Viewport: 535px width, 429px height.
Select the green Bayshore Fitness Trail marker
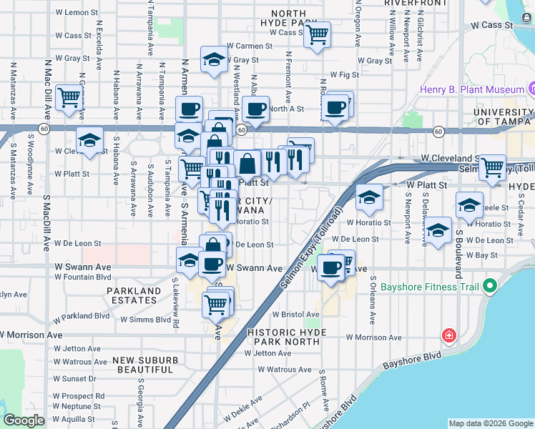pos(490,287)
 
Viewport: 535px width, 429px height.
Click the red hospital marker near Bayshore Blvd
pos(448,335)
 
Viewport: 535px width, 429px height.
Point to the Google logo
pos(24,420)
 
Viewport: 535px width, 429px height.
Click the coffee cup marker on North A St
pos(255,109)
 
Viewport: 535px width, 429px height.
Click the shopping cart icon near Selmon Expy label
pos(492,167)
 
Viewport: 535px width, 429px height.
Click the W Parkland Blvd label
pos(84,315)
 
